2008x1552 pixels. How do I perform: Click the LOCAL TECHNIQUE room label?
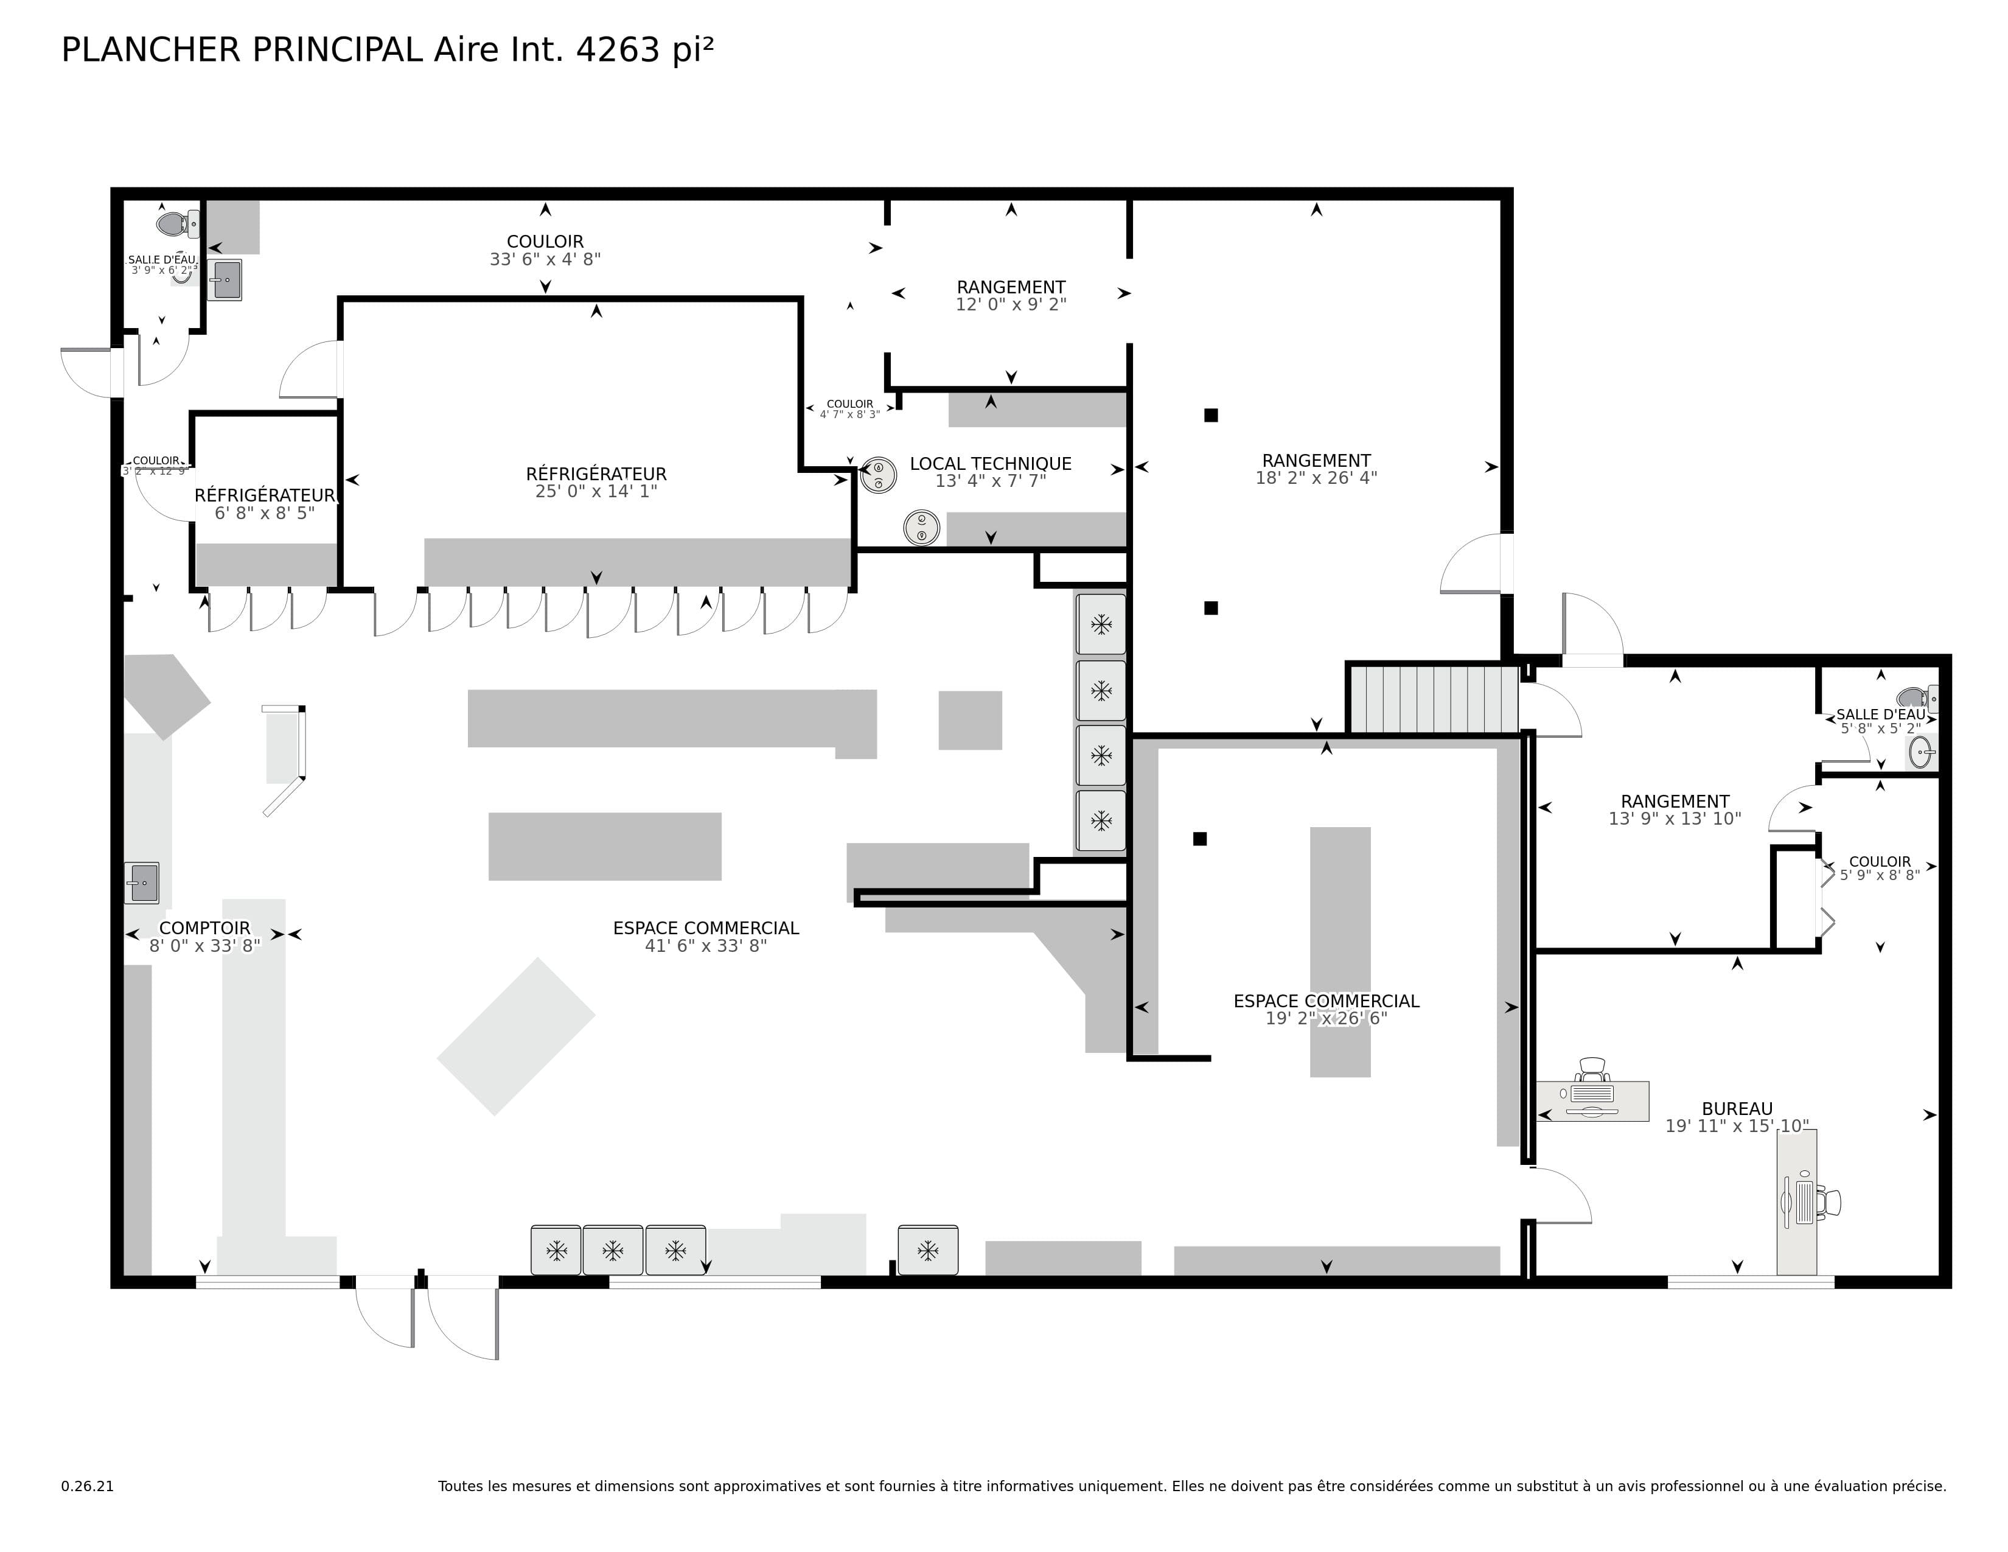click(990, 463)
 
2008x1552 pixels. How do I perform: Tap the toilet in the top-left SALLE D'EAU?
click(174, 223)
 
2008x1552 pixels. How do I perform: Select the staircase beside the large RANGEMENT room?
click(1432, 699)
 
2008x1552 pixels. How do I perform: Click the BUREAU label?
click(1737, 1109)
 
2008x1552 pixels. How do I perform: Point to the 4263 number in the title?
click(617, 50)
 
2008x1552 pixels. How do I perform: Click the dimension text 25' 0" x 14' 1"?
click(596, 492)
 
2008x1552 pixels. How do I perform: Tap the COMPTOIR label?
click(204, 928)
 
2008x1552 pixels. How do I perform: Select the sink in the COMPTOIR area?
click(142, 883)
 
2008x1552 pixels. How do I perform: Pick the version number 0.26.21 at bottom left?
click(88, 1486)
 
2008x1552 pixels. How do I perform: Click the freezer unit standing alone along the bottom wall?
click(928, 1251)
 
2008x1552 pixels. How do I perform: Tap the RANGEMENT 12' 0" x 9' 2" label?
click(1011, 287)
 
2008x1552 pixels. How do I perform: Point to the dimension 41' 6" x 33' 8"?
click(705, 946)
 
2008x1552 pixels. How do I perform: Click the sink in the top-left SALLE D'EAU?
click(225, 279)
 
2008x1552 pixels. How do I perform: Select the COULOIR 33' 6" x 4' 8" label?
click(545, 242)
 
